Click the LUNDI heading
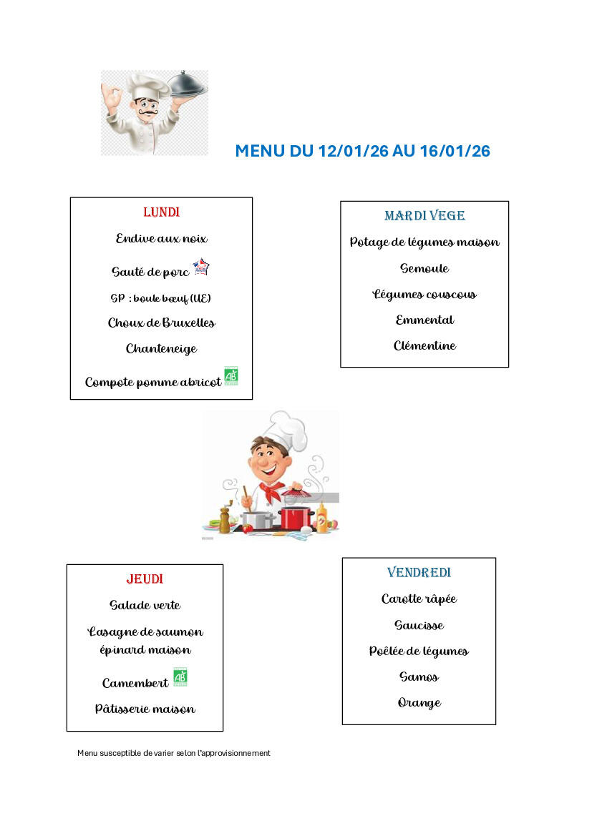point(161,212)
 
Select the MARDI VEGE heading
point(424,216)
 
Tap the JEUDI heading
point(145,579)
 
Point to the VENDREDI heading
point(419,573)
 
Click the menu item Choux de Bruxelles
point(161,323)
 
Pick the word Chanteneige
point(161,349)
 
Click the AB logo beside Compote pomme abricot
point(231,376)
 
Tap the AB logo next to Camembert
point(180,677)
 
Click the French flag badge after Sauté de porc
point(201,267)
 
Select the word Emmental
point(424,320)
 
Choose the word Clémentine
point(424,346)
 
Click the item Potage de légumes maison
point(424,242)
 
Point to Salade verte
point(145,606)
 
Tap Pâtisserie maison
point(145,709)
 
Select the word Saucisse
point(419,625)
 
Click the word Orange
point(419,703)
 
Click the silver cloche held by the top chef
point(189,85)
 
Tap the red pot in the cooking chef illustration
point(296,516)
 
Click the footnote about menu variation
point(174,753)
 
